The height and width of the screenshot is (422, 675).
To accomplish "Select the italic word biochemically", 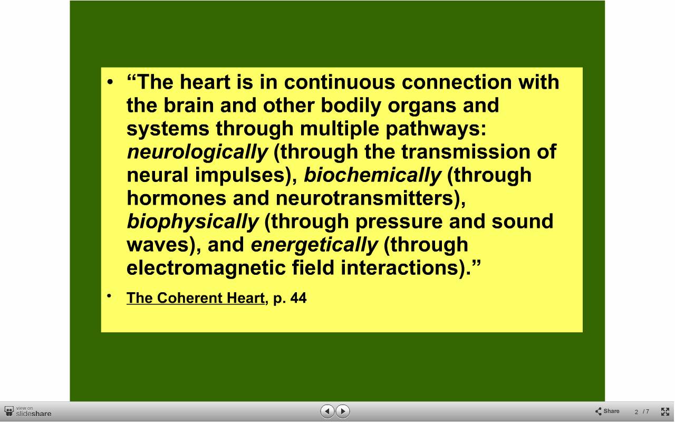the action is tap(372, 176).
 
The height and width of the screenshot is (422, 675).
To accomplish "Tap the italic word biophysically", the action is tap(192, 222).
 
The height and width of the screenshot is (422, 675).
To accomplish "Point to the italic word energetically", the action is tap(314, 245).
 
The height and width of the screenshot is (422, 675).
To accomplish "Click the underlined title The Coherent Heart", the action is tap(196, 298).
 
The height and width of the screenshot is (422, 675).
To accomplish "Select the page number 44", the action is tap(298, 298).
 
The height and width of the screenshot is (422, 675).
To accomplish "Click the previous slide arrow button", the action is tap(327, 411).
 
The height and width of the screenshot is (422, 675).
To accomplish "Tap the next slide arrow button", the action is tap(343, 411).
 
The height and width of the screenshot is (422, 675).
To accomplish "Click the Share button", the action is tap(607, 411).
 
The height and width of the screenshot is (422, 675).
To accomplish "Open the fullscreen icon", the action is tap(665, 411).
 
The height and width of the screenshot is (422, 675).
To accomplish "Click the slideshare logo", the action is tap(28, 411).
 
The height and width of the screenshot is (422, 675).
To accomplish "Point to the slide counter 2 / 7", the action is tap(642, 412).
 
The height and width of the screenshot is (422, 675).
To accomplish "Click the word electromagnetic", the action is tap(206, 267).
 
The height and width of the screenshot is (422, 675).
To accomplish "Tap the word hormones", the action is tap(177, 198).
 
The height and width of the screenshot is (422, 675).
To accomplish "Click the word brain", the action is tap(188, 105).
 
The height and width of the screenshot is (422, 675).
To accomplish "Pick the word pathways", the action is tap(436, 129).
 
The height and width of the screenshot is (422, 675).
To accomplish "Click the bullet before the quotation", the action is tap(110, 82).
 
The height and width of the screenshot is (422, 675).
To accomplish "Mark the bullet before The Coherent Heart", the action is tap(109, 296).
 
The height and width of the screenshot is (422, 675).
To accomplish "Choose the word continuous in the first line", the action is tap(339, 82).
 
